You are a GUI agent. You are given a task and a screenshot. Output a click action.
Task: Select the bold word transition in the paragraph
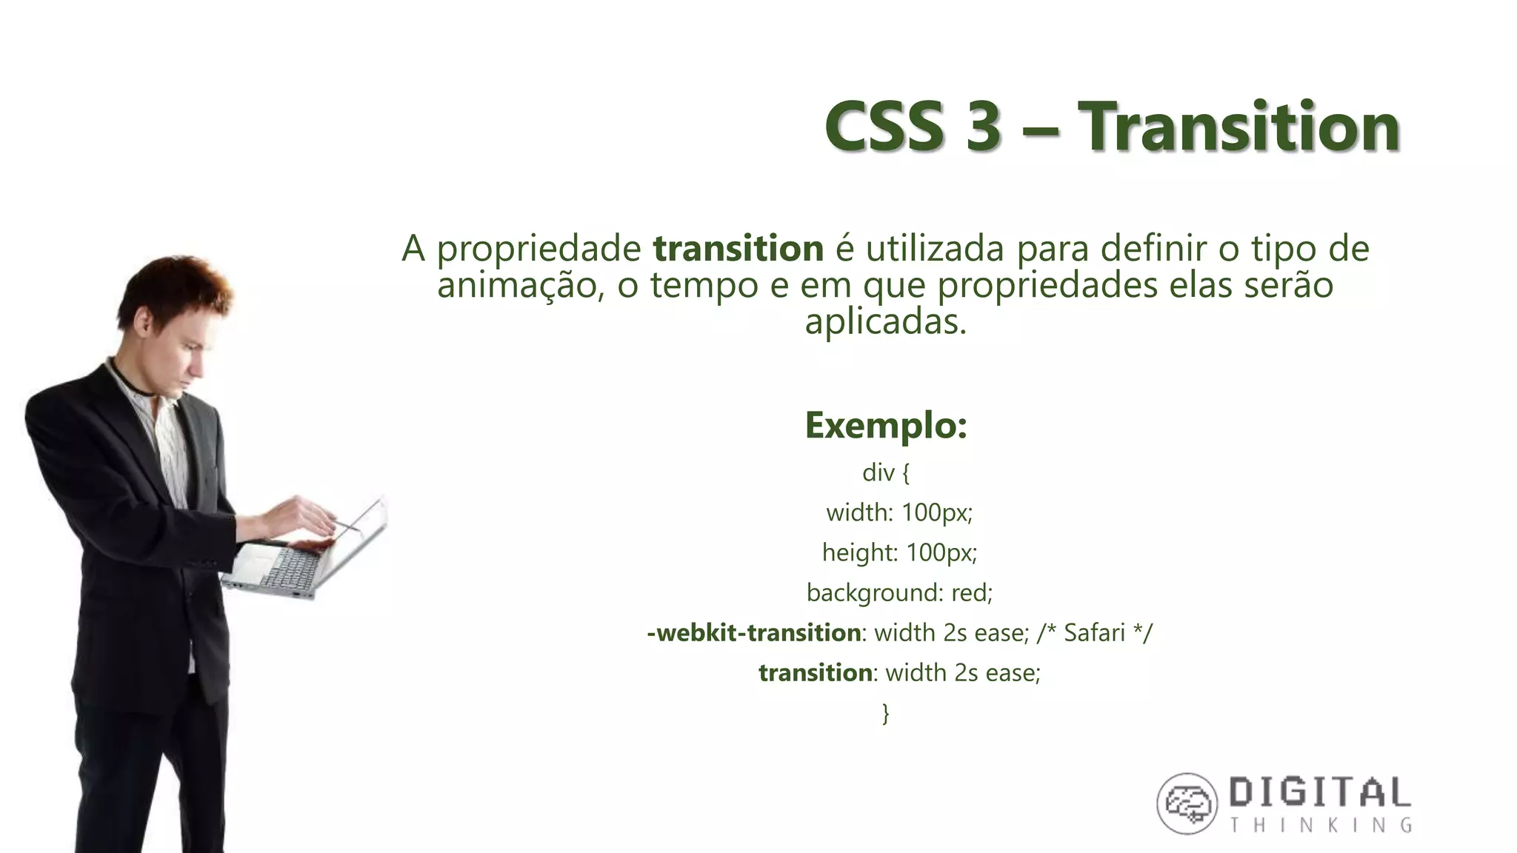[x=738, y=249]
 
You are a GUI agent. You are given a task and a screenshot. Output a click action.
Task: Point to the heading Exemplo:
[x=886, y=426]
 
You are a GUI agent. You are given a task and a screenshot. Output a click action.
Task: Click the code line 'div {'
[x=886, y=472]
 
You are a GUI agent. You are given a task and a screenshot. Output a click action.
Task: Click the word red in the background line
[x=971, y=592]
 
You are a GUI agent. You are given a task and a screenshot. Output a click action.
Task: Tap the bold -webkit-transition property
[x=753, y=633]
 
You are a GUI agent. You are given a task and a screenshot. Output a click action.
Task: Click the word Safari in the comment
[x=1094, y=633]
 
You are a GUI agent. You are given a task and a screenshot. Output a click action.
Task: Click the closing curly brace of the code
[x=886, y=713]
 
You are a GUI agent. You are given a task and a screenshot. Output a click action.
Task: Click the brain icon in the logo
[x=1187, y=803]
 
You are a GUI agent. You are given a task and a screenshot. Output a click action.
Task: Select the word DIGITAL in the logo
[x=1319, y=794]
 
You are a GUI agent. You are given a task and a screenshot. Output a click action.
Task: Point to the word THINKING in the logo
[x=1321, y=826]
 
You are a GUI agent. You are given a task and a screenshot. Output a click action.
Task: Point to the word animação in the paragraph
[x=516, y=286]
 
